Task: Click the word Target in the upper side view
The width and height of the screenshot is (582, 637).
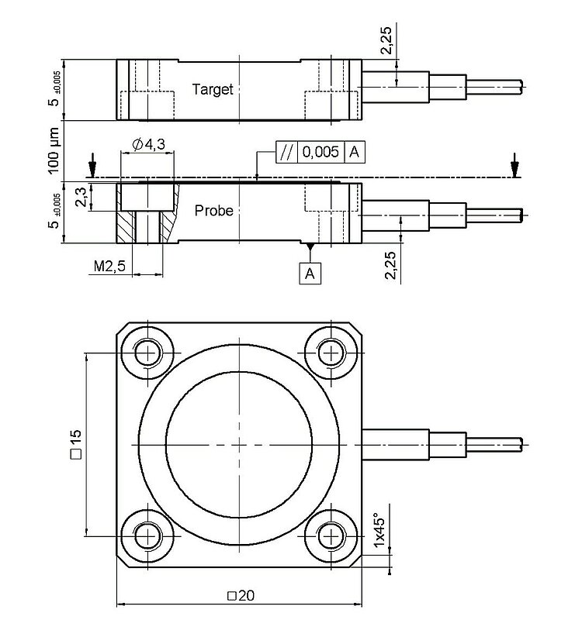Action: pyautogui.click(x=213, y=89)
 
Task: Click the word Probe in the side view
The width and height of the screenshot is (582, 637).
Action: pyautogui.click(x=213, y=211)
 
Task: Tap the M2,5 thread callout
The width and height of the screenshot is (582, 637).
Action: pyautogui.click(x=109, y=267)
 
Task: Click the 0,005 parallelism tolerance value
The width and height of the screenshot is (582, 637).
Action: pyautogui.click(x=320, y=152)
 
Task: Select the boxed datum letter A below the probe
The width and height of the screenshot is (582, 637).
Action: pyautogui.click(x=310, y=273)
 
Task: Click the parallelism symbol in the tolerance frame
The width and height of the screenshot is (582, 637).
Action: pyautogui.click(x=286, y=152)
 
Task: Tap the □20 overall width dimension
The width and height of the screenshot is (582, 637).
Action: pyautogui.click(x=241, y=596)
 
